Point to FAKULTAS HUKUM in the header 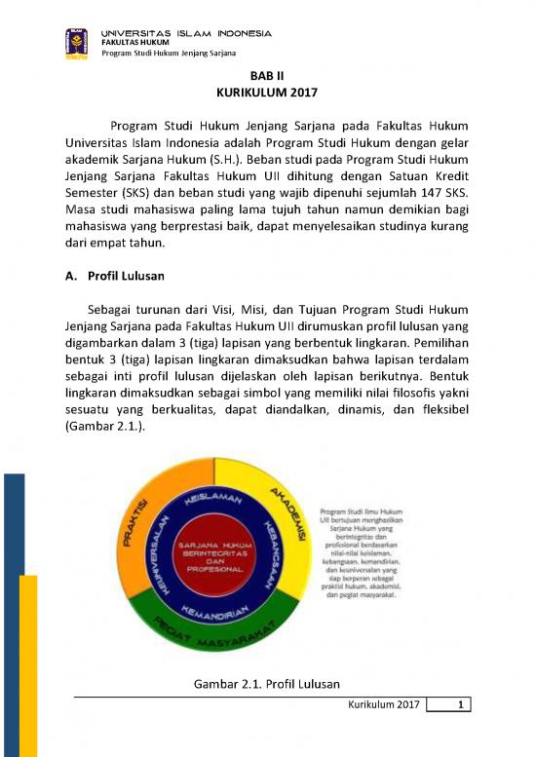tap(135, 43)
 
